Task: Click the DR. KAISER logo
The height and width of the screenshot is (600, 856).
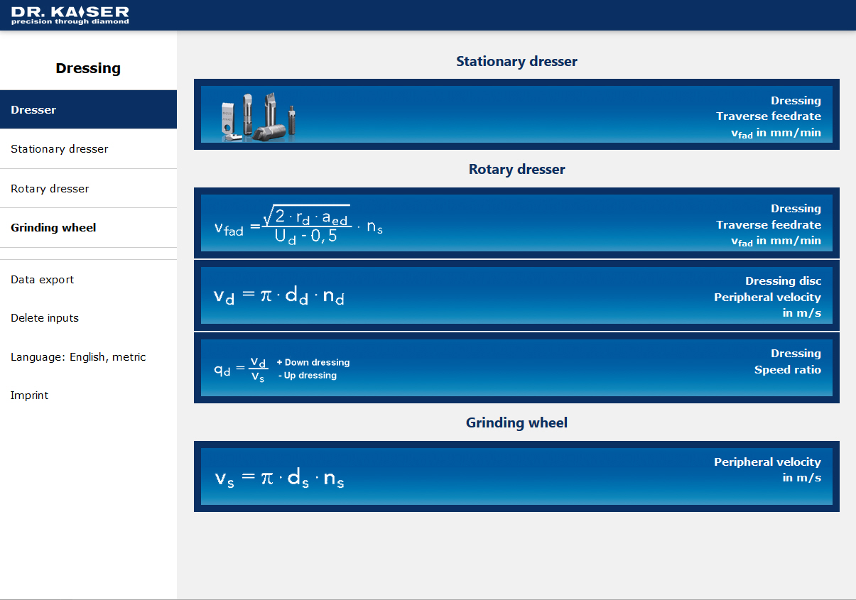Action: point(70,16)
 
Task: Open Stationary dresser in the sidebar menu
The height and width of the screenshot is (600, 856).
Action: point(59,149)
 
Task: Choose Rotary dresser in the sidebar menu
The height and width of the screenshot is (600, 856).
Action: point(50,189)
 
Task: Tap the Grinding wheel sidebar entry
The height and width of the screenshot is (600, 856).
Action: point(53,228)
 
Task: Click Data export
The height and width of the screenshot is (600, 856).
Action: point(42,280)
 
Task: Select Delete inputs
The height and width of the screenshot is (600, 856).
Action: point(44,318)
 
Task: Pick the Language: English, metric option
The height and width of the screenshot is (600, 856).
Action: point(78,357)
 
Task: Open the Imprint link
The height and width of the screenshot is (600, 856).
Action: point(29,396)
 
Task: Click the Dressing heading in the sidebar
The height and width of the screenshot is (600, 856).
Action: point(88,68)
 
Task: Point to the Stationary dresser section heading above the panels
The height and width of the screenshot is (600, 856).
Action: point(516,62)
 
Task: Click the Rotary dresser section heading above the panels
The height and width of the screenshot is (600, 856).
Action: point(516,169)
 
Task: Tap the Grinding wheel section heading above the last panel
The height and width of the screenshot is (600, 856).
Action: point(516,422)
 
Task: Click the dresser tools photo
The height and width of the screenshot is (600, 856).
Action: point(259,117)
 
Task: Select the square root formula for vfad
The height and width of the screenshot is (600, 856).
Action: point(298,225)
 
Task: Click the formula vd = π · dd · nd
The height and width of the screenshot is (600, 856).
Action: point(279,296)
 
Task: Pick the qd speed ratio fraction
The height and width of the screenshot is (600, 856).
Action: point(242,369)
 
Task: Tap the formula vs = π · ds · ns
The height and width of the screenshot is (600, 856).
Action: point(279,478)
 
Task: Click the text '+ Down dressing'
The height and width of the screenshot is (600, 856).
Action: point(313,362)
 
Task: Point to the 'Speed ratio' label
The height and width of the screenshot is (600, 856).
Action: point(788,370)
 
